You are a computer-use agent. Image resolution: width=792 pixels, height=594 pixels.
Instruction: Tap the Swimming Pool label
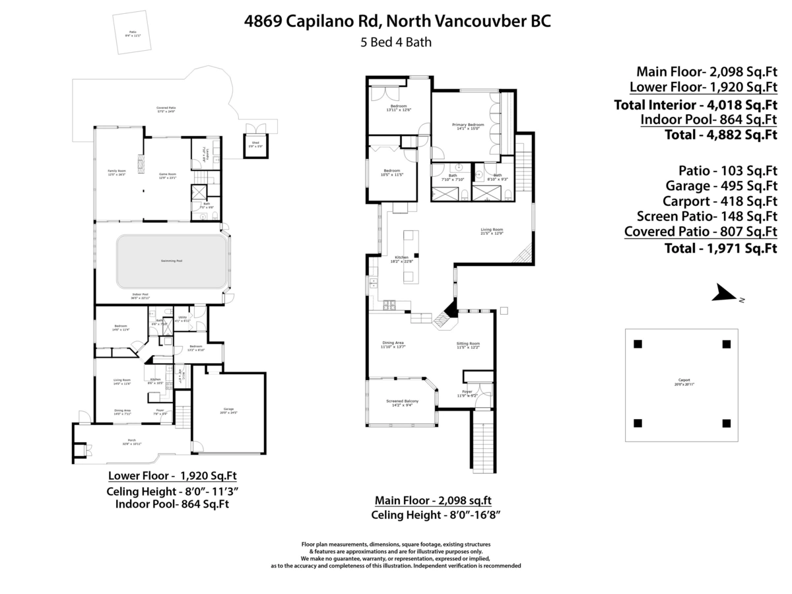[x=172, y=261]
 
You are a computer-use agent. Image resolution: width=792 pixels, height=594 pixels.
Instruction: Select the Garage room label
[x=229, y=410]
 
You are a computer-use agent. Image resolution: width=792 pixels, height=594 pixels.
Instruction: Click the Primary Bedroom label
[x=468, y=125]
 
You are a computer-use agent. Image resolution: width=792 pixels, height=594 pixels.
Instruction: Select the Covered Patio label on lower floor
[x=166, y=108]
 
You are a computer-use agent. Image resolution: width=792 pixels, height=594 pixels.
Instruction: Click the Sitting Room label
[x=468, y=344]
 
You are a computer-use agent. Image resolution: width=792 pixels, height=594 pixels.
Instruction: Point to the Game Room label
[x=167, y=174]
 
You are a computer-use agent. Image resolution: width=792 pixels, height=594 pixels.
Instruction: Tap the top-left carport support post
[x=638, y=344]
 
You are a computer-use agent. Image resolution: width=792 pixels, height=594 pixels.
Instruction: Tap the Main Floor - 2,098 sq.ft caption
[x=433, y=500]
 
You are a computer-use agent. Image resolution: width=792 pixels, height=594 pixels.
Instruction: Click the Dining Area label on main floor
[x=393, y=343]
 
